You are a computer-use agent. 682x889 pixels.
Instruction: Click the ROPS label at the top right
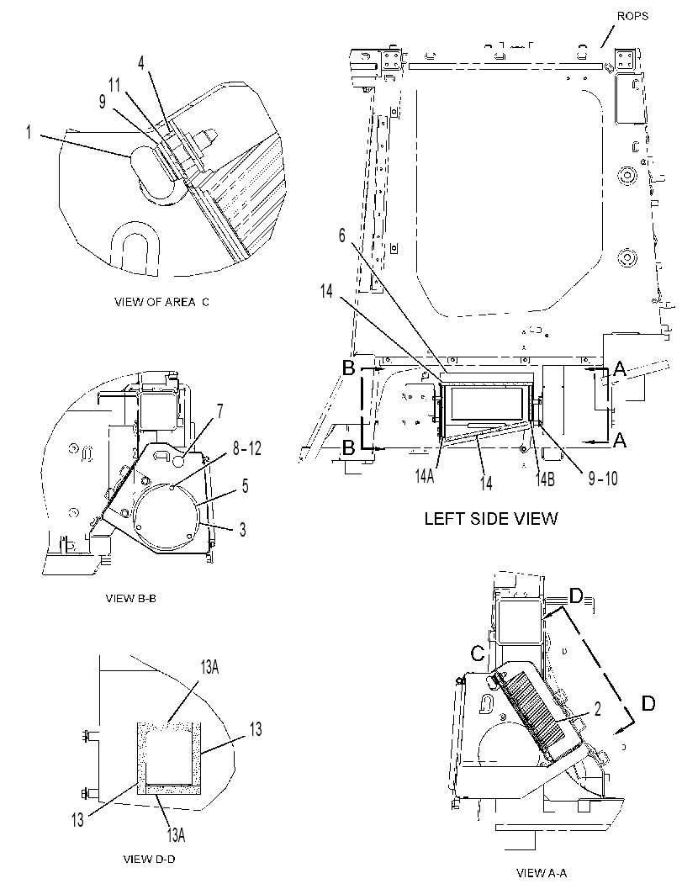(632, 16)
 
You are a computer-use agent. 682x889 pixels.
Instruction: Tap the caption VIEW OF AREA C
(161, 302)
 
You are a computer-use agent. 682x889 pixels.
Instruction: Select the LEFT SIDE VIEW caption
(491, 518)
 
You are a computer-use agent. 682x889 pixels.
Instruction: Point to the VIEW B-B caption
(131, 598)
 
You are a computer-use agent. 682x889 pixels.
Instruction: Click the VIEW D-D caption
(149, 859)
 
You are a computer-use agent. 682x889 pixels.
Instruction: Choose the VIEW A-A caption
(542, 872)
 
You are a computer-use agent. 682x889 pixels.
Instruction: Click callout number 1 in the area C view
(29, 133)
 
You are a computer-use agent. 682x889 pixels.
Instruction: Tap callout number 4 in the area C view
(141, 63)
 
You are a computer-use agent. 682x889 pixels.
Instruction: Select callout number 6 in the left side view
(342, 235)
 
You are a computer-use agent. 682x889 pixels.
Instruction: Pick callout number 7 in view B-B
(220, 411)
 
